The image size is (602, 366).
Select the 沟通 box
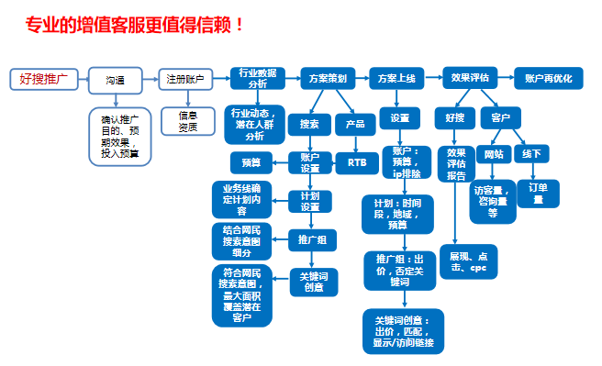click(x=115, y=81)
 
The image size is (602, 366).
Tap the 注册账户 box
click(x=186, y=79)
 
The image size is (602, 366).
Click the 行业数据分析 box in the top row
click(x=258, y=78)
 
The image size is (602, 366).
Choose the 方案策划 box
click(x=328, y=79)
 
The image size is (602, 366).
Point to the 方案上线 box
click(x=397, y=79)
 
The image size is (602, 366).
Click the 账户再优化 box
click(x=549, y=79)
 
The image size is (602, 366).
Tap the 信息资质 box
click(x=187, y=121)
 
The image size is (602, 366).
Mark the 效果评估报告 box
click(x=455, y=163)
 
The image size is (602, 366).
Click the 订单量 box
click(x=538, y=192)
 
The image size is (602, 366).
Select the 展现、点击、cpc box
click(x=468, y=261)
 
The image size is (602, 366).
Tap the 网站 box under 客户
click(x=494, y=153)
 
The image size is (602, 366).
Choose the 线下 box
click(x=531, y=153)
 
